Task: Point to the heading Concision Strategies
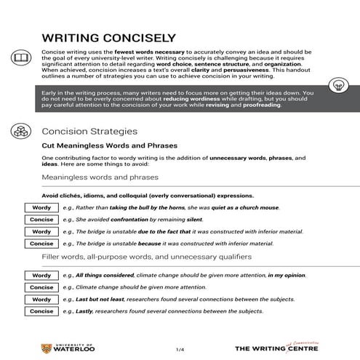[89, 132]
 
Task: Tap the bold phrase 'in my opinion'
[291, 276]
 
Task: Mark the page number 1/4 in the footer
[180, 348]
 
